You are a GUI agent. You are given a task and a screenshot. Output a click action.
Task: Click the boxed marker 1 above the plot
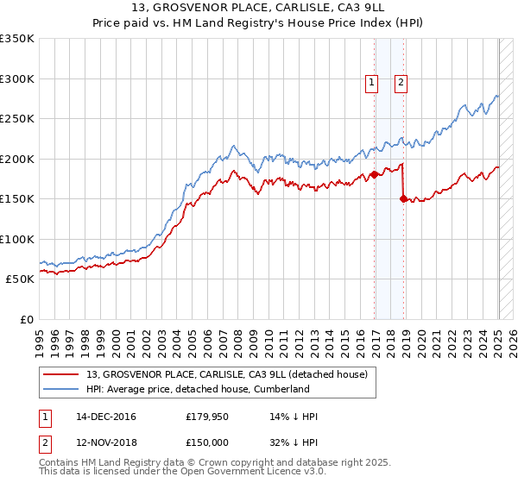point(372,83)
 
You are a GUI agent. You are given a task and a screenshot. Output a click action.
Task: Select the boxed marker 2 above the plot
point(401,83)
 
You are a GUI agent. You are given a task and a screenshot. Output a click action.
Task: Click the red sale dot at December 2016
point(374,175)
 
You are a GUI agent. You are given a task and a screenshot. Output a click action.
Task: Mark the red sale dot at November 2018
point(403,198)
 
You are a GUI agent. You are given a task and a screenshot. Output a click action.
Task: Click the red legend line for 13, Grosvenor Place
point(62,374)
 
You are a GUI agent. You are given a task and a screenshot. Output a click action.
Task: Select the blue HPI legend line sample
point(62,389)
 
